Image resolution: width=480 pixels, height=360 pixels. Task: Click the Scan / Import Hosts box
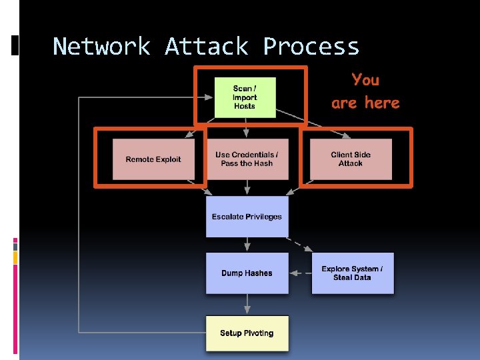coord(245,97)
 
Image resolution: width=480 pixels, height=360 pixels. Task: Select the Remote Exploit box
coord(153,159)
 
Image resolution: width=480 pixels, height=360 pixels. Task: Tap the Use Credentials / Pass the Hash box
coord(247,159)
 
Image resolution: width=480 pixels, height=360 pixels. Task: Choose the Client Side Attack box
coord(351,159)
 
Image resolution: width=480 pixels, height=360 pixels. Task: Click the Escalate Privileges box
coord(247,217)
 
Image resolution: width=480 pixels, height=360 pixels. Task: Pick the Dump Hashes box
coord(247,273)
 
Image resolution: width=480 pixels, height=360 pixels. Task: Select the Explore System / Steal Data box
coord(352,273)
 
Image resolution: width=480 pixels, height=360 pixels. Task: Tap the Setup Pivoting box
coord(247,333)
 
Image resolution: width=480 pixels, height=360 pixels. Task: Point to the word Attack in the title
coord(206,47)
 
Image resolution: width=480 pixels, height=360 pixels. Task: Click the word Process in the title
coord(311,47)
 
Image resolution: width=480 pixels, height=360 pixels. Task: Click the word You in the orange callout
coord(365,80)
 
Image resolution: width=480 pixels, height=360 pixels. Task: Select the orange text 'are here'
coord(365,103)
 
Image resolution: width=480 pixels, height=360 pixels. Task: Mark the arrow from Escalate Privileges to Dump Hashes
coord(247,245)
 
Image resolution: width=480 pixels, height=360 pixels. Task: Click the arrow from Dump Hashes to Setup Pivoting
coord(247,304)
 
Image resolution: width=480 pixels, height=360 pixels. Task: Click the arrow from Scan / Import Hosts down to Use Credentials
coord(247,128)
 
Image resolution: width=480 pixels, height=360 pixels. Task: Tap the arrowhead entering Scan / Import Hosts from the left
coord(210,98)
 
